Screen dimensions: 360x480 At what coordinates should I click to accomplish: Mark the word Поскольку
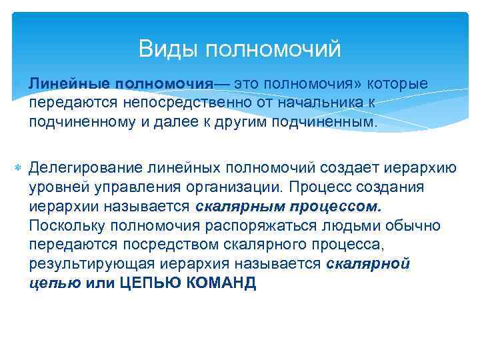(67, 226)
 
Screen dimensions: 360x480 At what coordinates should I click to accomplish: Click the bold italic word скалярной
(368, 264)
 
